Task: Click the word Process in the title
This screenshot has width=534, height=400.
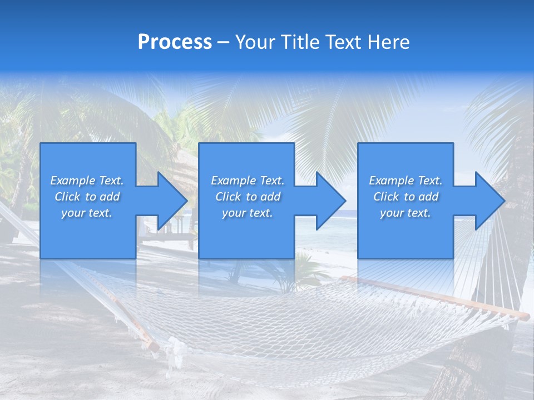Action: point(175,42)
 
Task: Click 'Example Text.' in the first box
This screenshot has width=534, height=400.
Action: point(87,181)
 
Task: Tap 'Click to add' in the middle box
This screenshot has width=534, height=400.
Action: point(248,197)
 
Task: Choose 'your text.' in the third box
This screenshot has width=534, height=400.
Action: point(405,213)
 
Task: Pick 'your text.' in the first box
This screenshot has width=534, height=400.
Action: point(87,213)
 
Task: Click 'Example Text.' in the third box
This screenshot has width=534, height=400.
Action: point(406,181)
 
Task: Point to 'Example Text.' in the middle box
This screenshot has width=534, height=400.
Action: point(248,181)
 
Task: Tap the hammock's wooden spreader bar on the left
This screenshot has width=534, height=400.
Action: point(133,322)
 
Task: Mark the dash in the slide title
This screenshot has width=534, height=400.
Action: point(223,42)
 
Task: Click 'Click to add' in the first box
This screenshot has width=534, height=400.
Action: point(87,197)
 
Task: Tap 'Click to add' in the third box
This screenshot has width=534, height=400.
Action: point(406,197)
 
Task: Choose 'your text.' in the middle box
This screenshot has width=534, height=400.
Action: point(248,213)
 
